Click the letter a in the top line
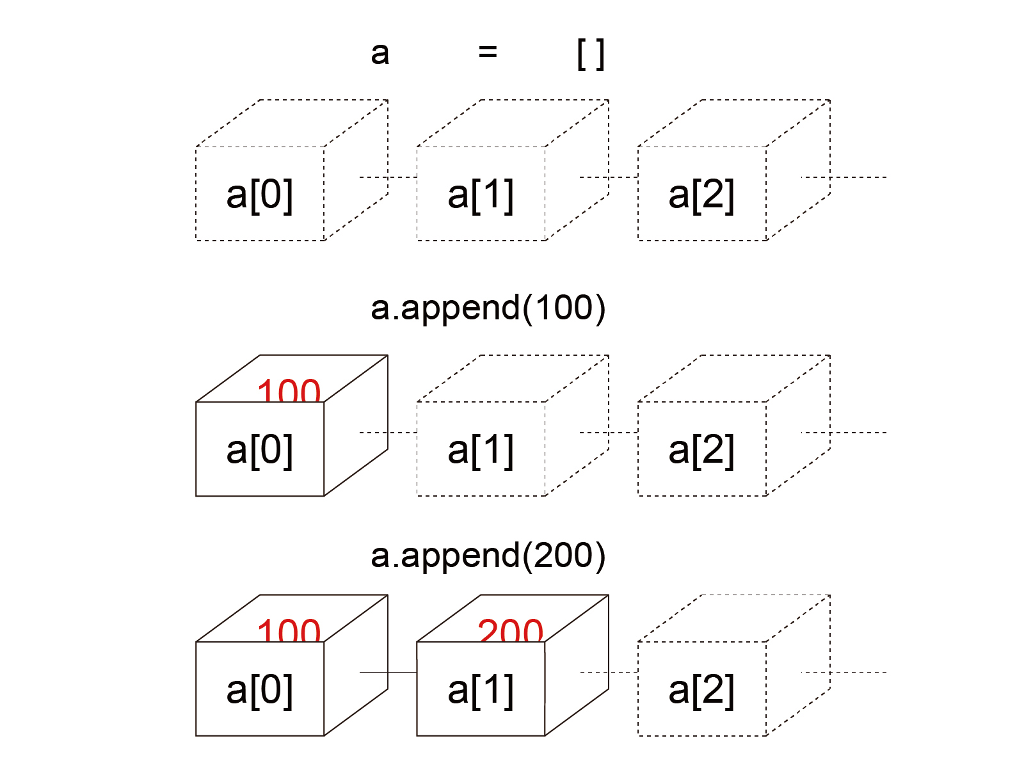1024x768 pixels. [x=380, y=53]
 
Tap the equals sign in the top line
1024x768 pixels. [x=488, y=52]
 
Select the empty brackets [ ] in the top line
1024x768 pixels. [x=590, y=54]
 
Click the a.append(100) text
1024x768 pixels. [x=488, y=308]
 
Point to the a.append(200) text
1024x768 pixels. [x=488, y=555]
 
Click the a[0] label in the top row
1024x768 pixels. [x=260, y=195]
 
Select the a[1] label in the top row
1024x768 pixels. [x=481, y=195]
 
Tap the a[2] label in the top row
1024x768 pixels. [x=701, y=195]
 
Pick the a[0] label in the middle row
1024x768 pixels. [x=260, y=450]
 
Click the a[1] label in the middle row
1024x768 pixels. [x=481, y=450]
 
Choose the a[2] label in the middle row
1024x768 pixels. [x=701, y=450]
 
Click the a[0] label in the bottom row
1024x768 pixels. [x=260, y=690]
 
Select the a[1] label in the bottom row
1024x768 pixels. [x=481, y=690]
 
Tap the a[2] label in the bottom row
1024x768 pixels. [x=701, y=690]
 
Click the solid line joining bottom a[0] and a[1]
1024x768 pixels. [x=388, y=672]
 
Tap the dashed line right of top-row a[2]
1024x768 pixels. [x=845, y=177]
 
